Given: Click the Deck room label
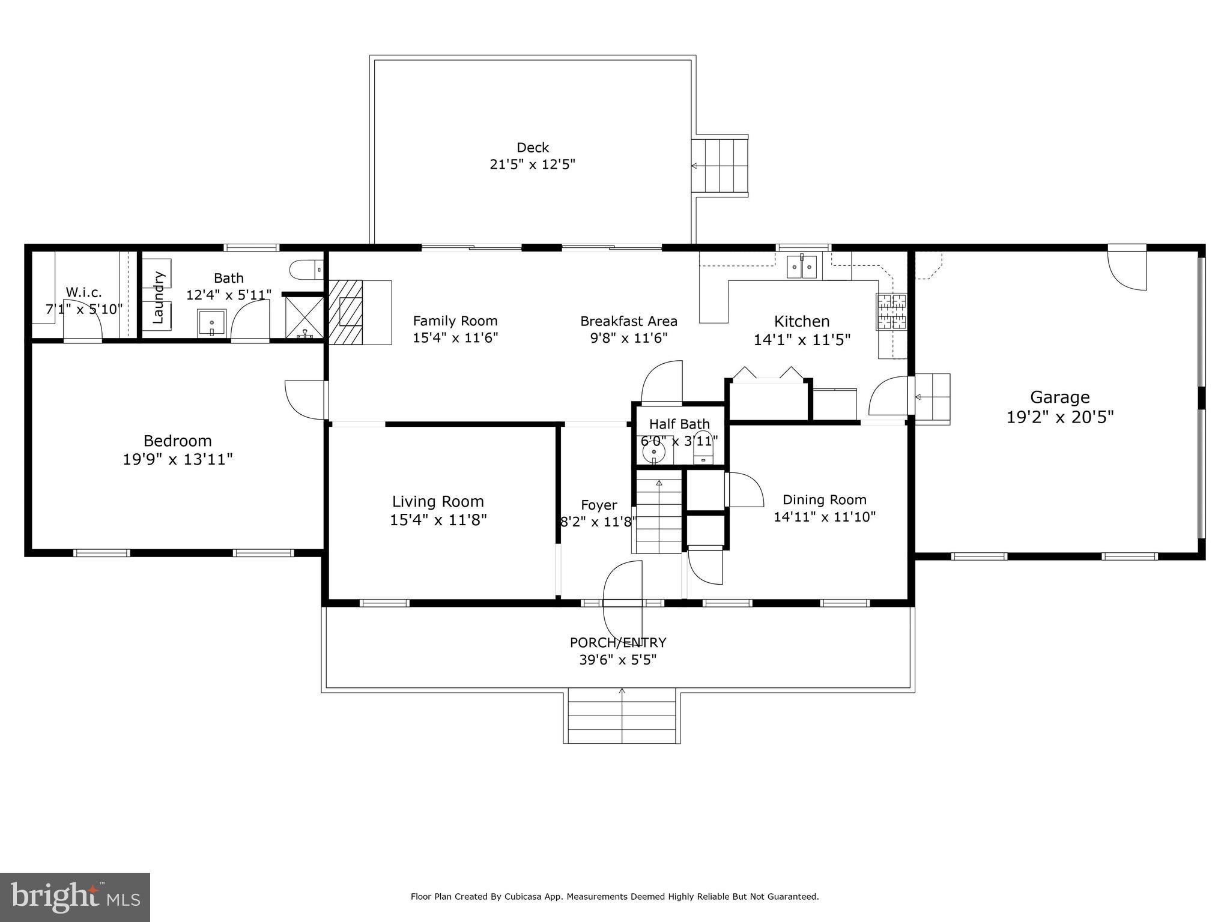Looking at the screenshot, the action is [533, 148].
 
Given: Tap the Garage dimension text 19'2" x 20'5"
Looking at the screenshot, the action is [1060, 417].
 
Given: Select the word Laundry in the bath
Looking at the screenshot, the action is [159, 297].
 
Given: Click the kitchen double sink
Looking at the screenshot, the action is [802, 267].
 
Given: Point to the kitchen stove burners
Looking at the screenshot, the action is [891, 312].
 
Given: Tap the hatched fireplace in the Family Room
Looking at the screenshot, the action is [346, 312].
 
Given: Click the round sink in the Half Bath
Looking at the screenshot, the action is [654, 451].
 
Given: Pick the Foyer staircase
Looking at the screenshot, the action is [659, 511].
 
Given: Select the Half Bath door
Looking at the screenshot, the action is [662, 382].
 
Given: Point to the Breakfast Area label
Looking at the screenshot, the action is [629, 321].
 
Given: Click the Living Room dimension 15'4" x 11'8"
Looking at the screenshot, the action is [438, 520].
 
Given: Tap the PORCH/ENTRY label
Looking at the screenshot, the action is [618, 642].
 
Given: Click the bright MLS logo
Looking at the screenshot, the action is [75, 897].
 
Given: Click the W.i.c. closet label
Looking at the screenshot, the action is [83, 292].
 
